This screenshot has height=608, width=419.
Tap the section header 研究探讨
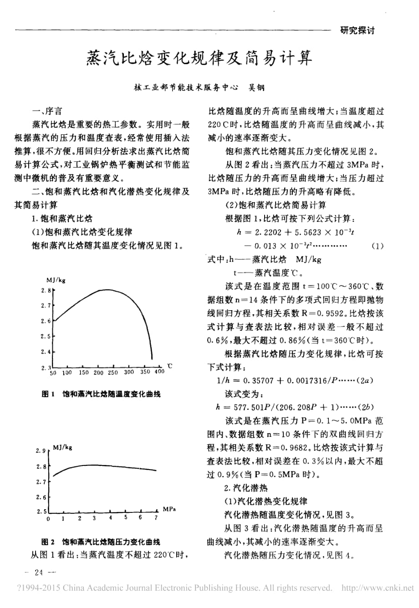pos(357,31)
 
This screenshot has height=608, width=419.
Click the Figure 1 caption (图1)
pos(101,394)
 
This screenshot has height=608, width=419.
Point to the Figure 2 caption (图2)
pos(101,542)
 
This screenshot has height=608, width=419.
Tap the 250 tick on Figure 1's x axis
pos(113,372)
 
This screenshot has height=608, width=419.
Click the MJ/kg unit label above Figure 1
pos(56,280)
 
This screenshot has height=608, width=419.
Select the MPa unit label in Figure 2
pos(169,509)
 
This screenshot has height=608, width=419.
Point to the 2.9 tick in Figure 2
pos(41,451)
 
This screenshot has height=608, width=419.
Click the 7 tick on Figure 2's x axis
pos(155,518)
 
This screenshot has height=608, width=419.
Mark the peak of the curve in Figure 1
pos(106,290)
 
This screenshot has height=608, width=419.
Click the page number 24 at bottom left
pos(38,572)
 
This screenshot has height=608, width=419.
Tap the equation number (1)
pos(377,246)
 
